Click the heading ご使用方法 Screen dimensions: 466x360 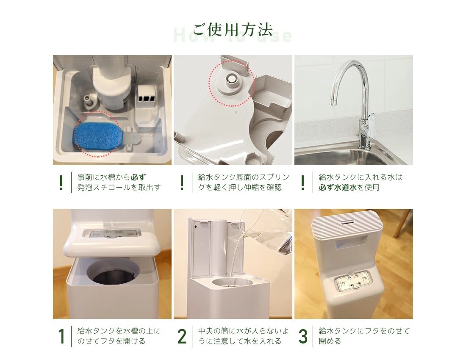pyautogui.click(x=233, y=29)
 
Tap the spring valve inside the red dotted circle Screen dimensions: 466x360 pyautogui.click(x=230, y=78)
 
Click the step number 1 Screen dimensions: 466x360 pyautogui.click(x=61, y=336)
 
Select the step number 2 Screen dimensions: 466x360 pyautogui.click(x=182, y=336)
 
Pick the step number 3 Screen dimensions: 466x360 pyautogui.click(x=302, y=336)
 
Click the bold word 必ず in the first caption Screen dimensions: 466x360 pyautogui.click(x=138, y=177)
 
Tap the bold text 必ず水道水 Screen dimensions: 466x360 pyautogui.click(x=338, y=188)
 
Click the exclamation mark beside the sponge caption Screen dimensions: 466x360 pyautogui.click(x=61, y=183)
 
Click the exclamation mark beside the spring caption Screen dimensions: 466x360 pyautogui.click(x=182, y=183)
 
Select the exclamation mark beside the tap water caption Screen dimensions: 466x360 pyautogui.click(x=302, y=183)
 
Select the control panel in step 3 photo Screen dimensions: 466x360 pyautogui.click(x=352, y=282)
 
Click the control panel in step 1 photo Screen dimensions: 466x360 pyautogui.click(x=111, y=234)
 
